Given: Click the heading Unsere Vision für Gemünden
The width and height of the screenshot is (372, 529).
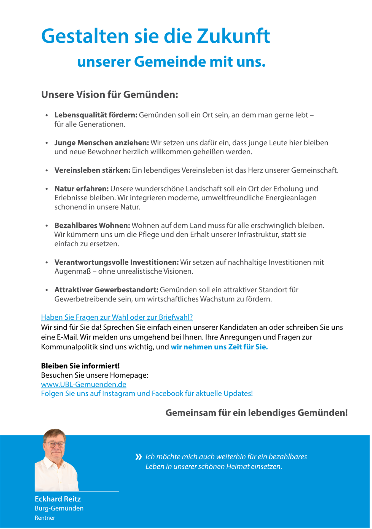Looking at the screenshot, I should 109,95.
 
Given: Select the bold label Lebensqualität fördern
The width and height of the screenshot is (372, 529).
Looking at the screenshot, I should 96,115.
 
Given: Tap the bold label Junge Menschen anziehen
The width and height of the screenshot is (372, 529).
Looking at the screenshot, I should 101,143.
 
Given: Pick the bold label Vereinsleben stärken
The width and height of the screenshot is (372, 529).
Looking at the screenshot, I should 92,170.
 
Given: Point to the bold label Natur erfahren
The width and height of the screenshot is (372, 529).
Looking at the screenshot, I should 82,189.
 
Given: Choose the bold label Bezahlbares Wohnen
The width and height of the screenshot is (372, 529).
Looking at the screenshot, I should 92,225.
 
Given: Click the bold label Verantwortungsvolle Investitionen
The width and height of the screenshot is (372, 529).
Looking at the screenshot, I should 117,262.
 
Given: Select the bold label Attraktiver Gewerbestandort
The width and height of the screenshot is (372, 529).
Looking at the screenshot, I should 106,290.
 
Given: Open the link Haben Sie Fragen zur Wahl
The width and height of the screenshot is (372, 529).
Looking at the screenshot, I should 117,317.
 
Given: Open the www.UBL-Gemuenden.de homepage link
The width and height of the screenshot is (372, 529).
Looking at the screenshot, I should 83,384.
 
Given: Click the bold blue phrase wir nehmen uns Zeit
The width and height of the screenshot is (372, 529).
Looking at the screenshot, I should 219,347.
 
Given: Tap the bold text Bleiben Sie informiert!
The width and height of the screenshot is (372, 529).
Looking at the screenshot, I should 80,366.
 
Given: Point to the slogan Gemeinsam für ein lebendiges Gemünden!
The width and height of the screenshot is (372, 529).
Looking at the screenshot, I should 257,413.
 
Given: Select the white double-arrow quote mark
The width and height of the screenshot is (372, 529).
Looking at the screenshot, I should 139,457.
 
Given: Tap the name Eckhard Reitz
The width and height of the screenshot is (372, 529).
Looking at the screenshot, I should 58,499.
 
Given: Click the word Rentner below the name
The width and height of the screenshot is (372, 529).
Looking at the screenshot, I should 45,518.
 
